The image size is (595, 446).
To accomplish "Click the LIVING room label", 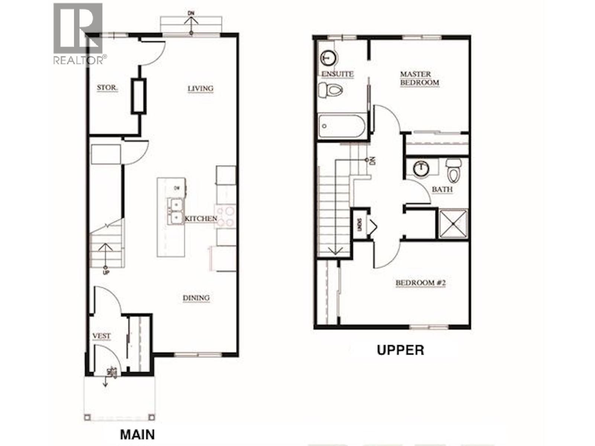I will pyautogui.click(x=200, y=88).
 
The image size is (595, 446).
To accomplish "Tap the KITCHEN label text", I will pyautogui.click(x=201, y=219).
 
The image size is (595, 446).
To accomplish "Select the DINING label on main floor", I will pyautogui.click(x=196, y=298).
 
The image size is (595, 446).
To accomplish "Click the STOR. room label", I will pyautogui.click(x=107, y=88).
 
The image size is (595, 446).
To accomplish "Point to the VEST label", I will pyautogui.click(x=101, y=336).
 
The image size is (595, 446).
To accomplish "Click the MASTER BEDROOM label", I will pyautogui.click(x=419, y=78).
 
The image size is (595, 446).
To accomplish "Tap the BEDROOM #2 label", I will pyautogui.click(x=421, y=283).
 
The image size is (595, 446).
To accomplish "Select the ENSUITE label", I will pyautogui.click(x=337, y=74).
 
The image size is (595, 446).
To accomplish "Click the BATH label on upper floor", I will pyautogui.click(x=442, y=190).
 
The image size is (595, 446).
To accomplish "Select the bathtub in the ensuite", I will pyautogui.click(x=341, y=126).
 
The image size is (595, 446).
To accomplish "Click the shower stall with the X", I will pyautogui.click(x=453, y=224).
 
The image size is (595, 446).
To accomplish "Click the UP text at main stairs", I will pyautogui.click(x=106, y=272).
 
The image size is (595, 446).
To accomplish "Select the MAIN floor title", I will pyautogui.click(x=137, y=434).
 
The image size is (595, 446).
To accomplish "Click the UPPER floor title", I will pyautogui.click(x=400, y=350).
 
